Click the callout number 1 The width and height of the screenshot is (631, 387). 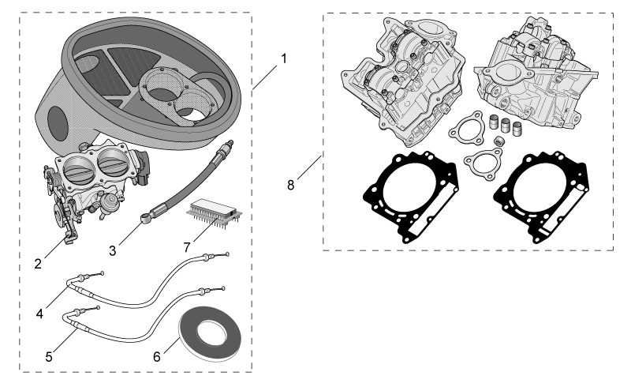click(284, 58)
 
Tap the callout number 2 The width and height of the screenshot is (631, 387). click(38, 264)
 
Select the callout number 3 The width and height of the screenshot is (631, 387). click(112, 250)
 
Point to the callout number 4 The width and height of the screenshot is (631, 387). click(39, 314)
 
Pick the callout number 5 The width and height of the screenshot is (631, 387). click(49, 357)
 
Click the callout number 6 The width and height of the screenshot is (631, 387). click(156, 357)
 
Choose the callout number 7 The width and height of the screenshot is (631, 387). click(187, 247)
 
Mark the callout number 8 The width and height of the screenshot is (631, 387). click(290, 185)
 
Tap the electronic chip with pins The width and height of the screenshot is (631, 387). click(215, 212)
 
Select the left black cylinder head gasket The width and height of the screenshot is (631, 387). click(410, 197)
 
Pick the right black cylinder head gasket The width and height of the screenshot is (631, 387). click(541, 197)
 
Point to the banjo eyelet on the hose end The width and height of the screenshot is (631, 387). click(147, 218)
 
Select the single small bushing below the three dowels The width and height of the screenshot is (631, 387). click(499, 141)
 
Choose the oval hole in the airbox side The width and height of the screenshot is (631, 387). click(57, 124)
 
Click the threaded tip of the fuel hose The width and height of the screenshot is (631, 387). click(229, 145)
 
